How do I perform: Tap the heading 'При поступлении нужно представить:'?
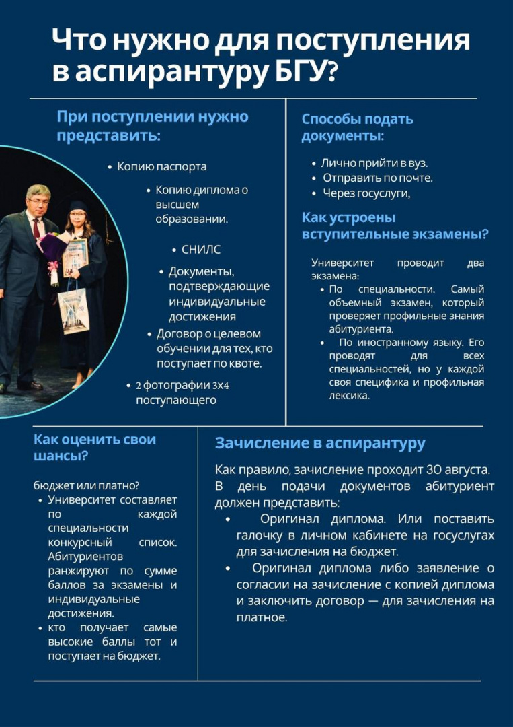153,126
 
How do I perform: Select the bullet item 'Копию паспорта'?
161,166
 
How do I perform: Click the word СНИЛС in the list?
200,250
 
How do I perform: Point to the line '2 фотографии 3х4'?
182,386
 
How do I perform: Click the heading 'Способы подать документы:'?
357,127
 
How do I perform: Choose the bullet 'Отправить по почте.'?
377,178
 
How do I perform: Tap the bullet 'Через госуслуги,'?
366,193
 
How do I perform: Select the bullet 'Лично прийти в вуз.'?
374,163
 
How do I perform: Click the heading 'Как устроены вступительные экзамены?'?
395,226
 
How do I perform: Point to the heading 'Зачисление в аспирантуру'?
320,444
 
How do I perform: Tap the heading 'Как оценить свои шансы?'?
94,448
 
